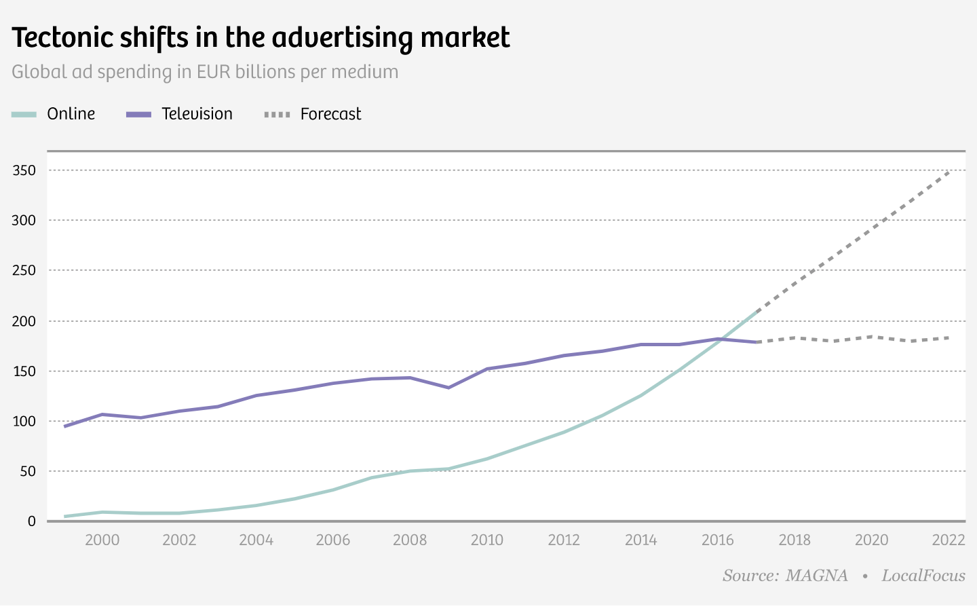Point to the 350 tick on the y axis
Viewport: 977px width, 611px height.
pyautogui.click(x=24, y=170)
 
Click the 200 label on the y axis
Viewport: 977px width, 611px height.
pyautogui.click(x=24, y=321)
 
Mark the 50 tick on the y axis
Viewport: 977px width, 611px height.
pyautogui.click(x=28, y=471)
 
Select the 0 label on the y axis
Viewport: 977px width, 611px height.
pyautogui.click(x=31, y=521)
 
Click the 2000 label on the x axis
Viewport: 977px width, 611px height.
pyautogui.click(x=102, y=540)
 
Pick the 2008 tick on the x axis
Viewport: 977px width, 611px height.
pyautogui.click(x=410, y=540)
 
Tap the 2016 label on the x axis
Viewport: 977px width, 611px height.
pyautogui.click(x=718, y=540)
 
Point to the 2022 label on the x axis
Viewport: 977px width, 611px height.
pyautogui.click(x=949, y=540)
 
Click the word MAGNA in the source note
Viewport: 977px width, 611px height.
pyautogui.click(x=816, y=576)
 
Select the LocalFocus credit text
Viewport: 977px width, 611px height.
pyautogui.click(x=923, y=576)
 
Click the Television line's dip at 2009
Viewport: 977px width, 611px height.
pyautogui.click(x=448, y=388)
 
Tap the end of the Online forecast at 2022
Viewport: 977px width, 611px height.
pyautogui.click(x=949, y=171)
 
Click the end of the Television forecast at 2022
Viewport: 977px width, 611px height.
pyautogui.click(x=949, y=337)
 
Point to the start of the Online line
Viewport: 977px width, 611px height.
pyautogui.click(x=64, y=517)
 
